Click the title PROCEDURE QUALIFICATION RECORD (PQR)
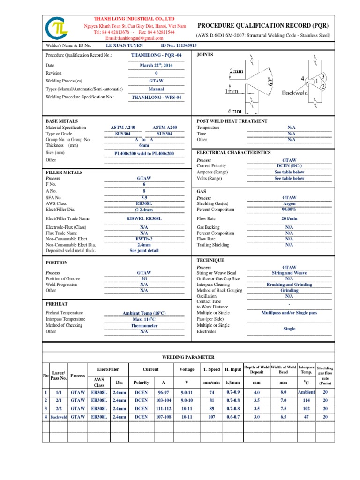(263, 25)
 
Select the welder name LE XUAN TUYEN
(125, 45)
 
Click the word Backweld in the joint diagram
(294, 93)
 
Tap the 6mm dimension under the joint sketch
(235, 112)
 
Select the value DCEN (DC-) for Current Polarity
(289, 166)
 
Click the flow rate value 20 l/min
(289, 218)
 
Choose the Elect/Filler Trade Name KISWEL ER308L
(144, 218)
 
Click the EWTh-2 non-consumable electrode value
(144, 239)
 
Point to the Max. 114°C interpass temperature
(144, 319)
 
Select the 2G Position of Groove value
(144, 278)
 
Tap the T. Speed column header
(211, 369)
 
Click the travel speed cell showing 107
(211, 416)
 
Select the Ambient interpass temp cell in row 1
(307, 392)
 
